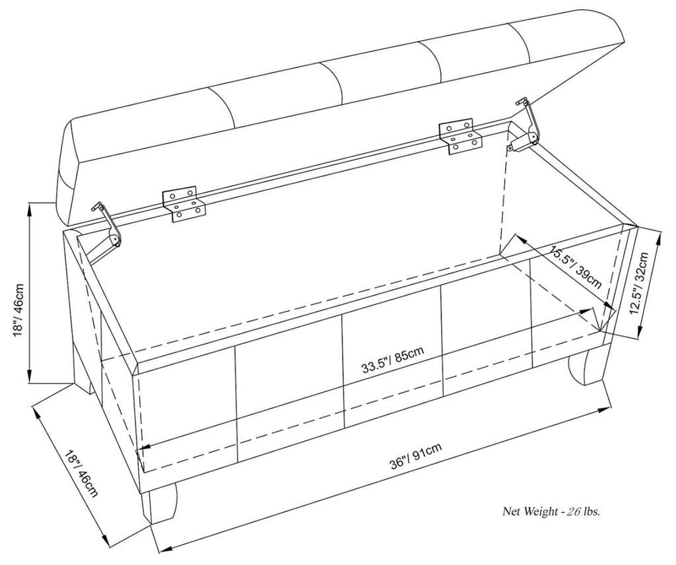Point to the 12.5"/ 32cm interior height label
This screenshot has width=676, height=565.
pyautogui.click(x=644, y=284)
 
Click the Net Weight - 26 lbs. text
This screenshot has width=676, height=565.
pyautogui.click(x=554, y=510)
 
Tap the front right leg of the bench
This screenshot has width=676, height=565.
pyautogui.click(x=585, y=370)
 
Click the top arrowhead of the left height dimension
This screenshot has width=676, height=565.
pyautogui.click(x=30, y=207)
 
